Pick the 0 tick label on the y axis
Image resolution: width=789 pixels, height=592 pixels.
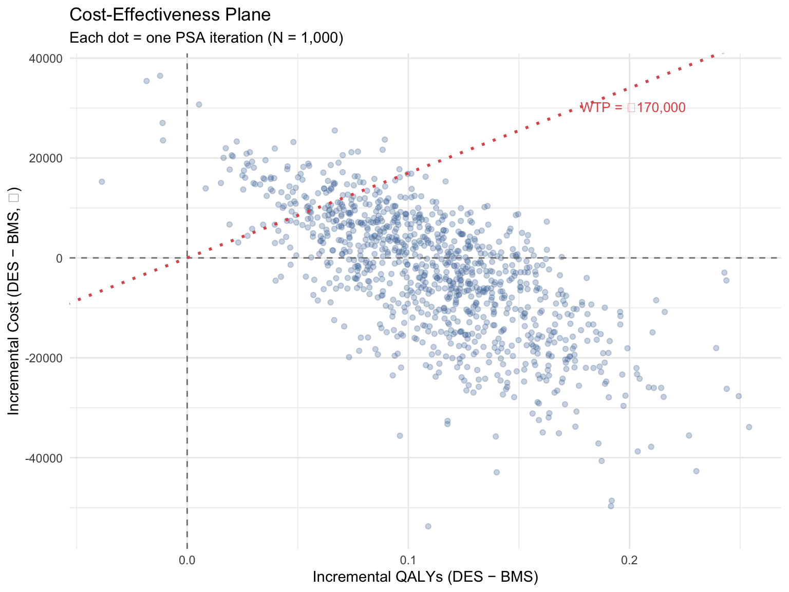[59, 258]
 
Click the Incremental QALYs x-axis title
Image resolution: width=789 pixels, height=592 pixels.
[425, 577]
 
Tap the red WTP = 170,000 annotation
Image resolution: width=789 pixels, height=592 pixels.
[633, 107]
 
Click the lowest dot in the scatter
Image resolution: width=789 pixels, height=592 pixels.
[428, 526]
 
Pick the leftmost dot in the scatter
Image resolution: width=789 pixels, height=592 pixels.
[102, 181]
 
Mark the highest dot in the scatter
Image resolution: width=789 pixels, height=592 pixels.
[160, 76]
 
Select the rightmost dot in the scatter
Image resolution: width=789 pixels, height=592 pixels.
[749, 427]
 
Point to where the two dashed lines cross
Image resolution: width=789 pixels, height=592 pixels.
[187, 258]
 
